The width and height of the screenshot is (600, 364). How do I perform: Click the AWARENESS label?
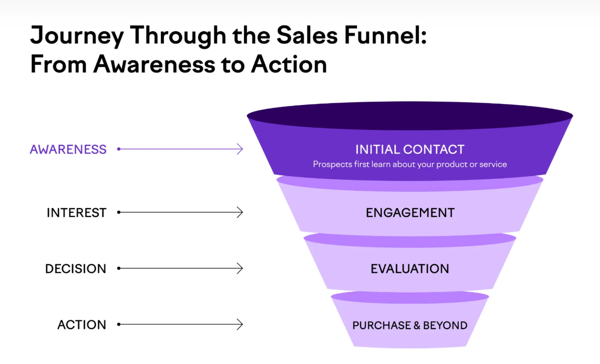click(x=68, y=149)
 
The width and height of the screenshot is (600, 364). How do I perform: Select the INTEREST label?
click(x=76, y=212)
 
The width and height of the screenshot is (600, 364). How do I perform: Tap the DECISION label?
click(x=75, y=269)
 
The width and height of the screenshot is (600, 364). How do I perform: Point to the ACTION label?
click(x=82, y=325)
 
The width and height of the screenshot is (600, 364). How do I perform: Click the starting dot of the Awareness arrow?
click(x=119, y=149)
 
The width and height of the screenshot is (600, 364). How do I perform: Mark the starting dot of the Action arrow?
click(x=119, y=325)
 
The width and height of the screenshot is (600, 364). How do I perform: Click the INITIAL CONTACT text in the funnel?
click(x=410, y=149)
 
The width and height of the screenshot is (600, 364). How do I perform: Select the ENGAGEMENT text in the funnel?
click(x=410, y=212)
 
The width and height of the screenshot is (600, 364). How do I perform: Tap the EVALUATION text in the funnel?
click(x=410, y=269)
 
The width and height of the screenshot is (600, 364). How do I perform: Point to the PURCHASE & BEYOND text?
click(x=410, y=325)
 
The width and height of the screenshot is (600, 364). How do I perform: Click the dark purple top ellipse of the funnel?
click(x=410, y=116)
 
